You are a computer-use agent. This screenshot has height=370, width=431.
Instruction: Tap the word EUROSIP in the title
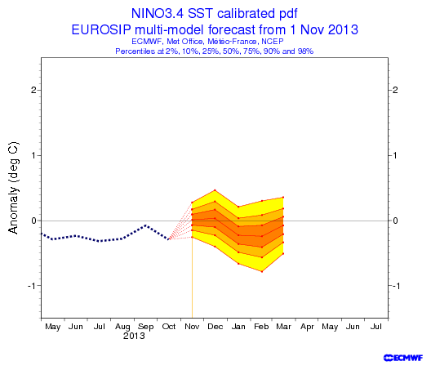click(101, 29)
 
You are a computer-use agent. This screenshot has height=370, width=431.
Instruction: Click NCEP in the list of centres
click(272, 42)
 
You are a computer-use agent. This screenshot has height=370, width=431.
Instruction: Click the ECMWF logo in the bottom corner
click(403, 358)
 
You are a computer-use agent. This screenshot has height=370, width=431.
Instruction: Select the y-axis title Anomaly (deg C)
click(13, 188)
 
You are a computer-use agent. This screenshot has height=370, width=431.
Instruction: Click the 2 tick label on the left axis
click(33, 90)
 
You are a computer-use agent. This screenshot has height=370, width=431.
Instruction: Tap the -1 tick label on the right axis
click(396, 286)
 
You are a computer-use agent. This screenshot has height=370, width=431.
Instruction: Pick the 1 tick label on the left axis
click(34, 155)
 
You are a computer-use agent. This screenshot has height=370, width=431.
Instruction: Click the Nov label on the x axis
click(192, 327)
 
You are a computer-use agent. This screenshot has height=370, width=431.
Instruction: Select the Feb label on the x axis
click(261, 327)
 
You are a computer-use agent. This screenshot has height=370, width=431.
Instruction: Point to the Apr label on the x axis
click(307, 327)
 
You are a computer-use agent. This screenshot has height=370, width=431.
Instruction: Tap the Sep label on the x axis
click(145, 327)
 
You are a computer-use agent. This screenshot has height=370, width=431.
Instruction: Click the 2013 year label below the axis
click(134, 336)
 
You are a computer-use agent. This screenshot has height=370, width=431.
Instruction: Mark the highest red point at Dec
click(215, 190)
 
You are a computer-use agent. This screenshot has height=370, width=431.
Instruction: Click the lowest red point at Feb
click(262, 271)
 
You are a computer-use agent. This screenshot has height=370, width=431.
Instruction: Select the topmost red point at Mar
click(283, 197)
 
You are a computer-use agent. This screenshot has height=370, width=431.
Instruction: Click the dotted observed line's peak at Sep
click(145, 225)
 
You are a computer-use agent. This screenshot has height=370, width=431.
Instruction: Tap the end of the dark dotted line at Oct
click(168, 239)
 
